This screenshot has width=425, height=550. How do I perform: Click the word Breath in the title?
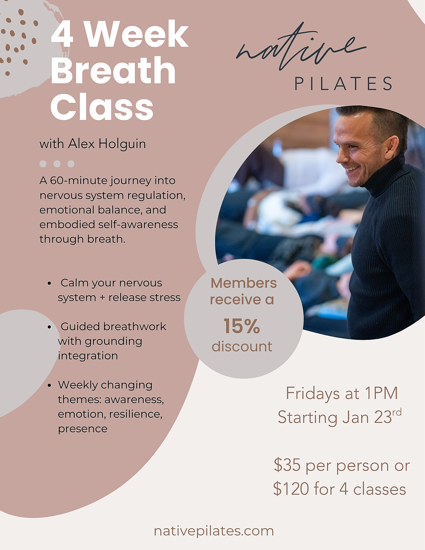pyautogui.click(x=113, y=71)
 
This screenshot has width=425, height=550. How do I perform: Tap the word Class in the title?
pyautogui.click(x=102, y=107)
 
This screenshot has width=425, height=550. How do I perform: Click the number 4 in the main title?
pyautogui.click(x=62, y=34)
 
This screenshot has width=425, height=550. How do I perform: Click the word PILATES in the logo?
pyautogui.click(x=343, y=84)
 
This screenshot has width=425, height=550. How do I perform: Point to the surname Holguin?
pyautogui.click(x=122, y=144)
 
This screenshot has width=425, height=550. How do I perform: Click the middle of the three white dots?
pyautogui.click(x=57, y=164)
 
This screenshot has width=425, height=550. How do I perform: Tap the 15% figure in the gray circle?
pyautogui.click(x=242, y=326)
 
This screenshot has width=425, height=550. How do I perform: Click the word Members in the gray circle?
pyautogui.click(x=244, y=283)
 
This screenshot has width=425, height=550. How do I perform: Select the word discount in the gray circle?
pyautogui.click(x=242, y=347)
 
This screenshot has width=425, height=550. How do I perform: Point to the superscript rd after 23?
pyautogui.click(x=397, y=412)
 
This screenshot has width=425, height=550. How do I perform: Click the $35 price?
pyautogui.click(x=287, y=465)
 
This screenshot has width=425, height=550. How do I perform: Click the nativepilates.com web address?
pyautogui.click(x=214, y=531)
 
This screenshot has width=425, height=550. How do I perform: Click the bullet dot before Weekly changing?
pyautogui.click(x=50, y=385)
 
